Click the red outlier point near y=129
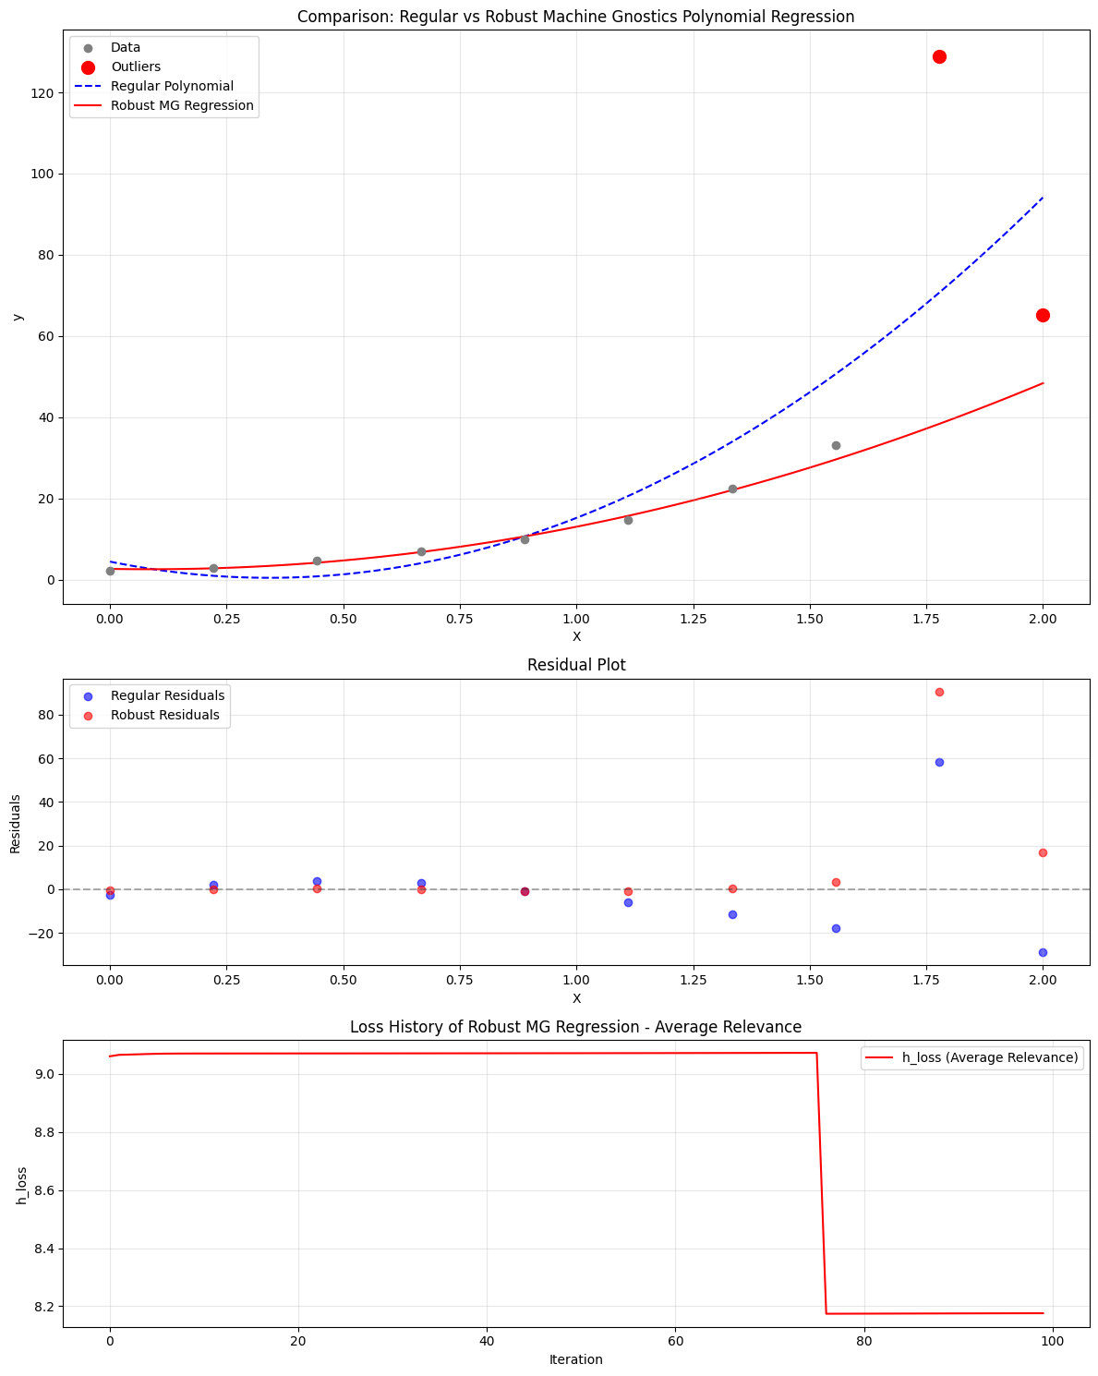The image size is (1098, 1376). pos(939,56)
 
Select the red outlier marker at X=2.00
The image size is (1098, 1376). pos(1043,315)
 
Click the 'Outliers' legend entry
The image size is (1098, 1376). pos(135,66)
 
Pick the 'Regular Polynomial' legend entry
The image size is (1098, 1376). pos(172,86)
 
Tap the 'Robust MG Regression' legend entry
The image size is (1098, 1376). pos(182,105)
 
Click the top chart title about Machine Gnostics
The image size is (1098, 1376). pos(575,17)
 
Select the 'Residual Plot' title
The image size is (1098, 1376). pos(575,665)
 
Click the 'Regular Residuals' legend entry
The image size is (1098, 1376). pos(167,695)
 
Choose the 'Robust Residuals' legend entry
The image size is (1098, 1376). pos(164,715)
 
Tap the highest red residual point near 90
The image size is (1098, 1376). pos(939,692)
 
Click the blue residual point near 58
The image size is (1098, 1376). pos(939,762)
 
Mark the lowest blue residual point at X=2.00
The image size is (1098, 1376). pos(1043,952)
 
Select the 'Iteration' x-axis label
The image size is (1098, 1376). pos(575,1359)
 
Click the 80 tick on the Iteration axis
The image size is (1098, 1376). pos(863,1339)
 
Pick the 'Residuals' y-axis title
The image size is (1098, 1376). pos(16,823)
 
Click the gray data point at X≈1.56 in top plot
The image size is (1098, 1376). pos(836,445)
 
